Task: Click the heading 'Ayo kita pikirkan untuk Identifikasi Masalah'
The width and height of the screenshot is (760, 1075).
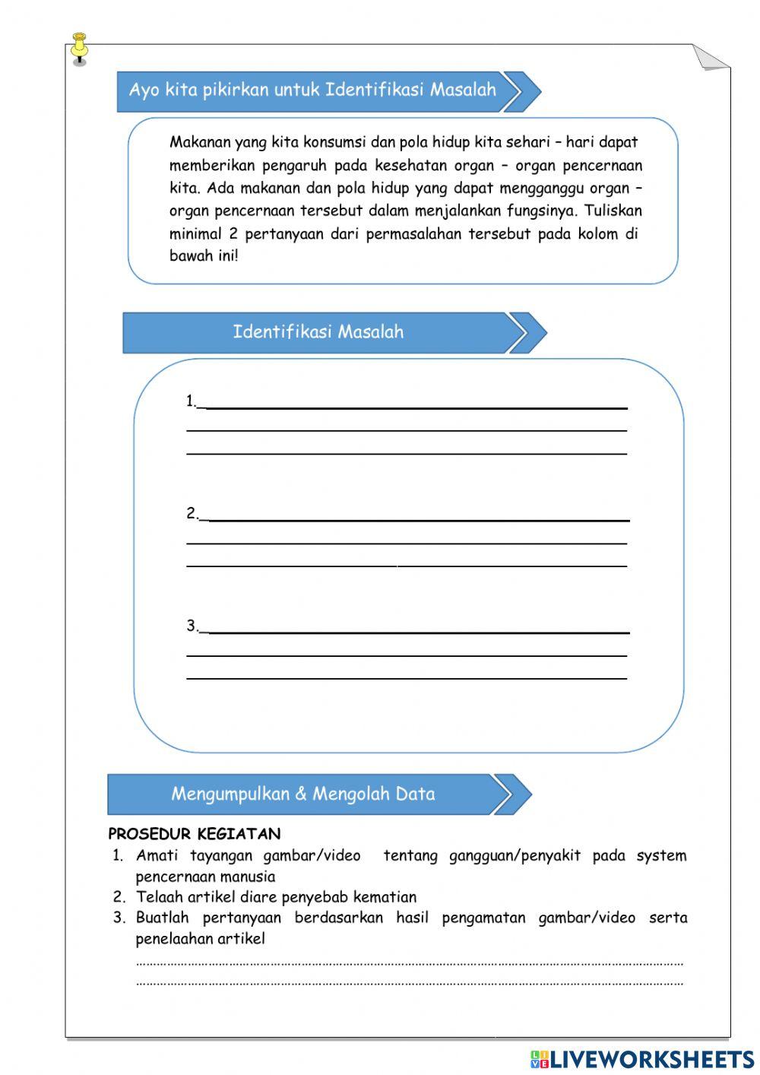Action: [x=312, y=90]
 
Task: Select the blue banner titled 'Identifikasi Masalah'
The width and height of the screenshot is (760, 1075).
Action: [x=318, y=332]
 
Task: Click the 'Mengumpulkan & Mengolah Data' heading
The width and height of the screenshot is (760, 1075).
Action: [x=302, y=794]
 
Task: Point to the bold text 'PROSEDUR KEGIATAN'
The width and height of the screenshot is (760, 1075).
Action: [x=194, y=834]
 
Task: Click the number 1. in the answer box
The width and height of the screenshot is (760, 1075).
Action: [x=191, y=401]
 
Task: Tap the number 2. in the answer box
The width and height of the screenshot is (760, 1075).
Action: [x=192, y=514]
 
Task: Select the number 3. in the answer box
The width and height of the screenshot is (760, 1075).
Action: [x=192, y=626]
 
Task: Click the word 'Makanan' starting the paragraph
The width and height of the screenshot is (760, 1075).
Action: [x=200, y=142]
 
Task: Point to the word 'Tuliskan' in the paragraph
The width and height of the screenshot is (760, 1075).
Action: [x=613, y=211]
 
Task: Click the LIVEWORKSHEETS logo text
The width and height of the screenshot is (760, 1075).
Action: [x=651, y=1058]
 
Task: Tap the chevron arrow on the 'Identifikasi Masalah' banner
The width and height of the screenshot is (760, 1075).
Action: [x=526, y=332]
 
